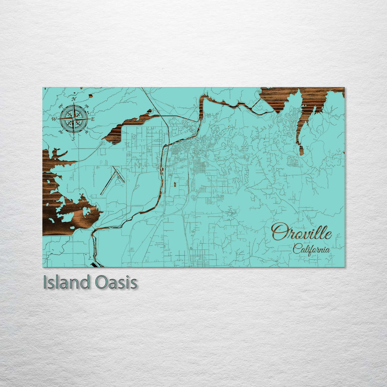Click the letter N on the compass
coord(74,99)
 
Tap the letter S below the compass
coord(73,138)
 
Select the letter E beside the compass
coord(92,119)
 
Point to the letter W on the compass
coord(54,119)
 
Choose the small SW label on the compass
coord(60,132)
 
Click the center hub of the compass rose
coord(73,119)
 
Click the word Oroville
coord(301,232)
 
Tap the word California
coord(311,249)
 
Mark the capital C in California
coord(296,248)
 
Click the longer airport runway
coord(109,182)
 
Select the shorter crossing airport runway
coord(119,174)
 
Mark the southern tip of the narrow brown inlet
coord(301,150)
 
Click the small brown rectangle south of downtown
coord(175,185)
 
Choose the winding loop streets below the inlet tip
coord(292,162)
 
